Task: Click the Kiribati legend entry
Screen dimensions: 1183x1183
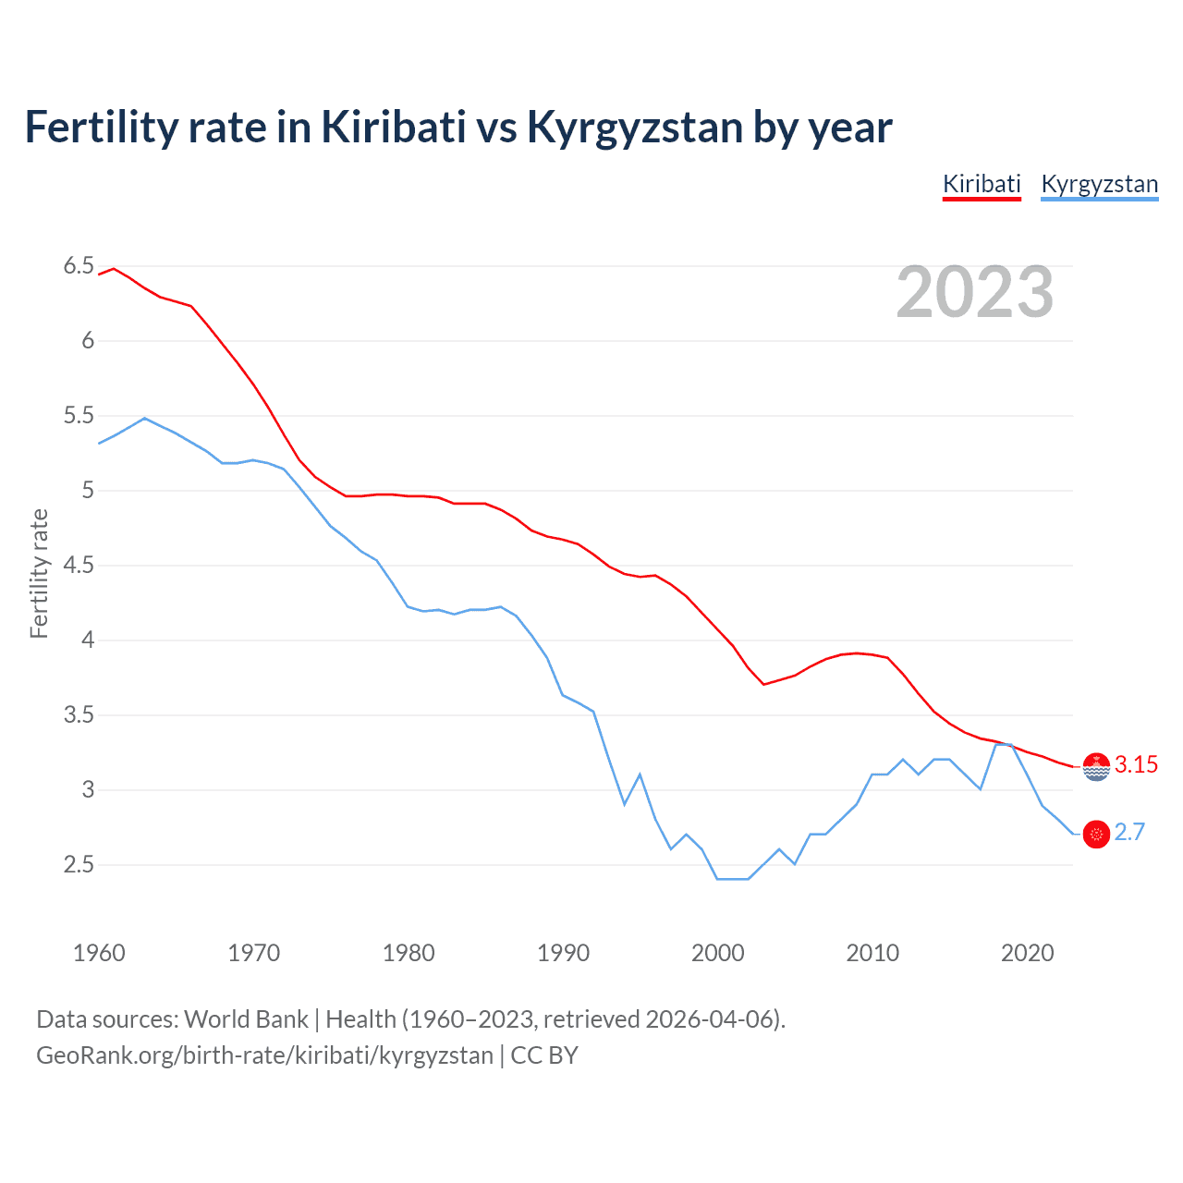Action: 982,184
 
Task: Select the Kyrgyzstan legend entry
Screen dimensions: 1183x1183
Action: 1099,184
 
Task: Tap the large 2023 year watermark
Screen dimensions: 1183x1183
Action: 974,292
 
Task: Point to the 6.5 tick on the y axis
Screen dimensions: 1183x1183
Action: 79,266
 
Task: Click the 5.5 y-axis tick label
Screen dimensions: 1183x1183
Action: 79,416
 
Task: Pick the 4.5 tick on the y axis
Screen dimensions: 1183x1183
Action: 79,566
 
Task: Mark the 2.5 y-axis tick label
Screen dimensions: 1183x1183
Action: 79,865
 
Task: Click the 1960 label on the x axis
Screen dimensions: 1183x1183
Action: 99,953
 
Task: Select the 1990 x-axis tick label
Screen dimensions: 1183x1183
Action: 563,953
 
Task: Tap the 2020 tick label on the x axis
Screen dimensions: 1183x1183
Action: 1027,953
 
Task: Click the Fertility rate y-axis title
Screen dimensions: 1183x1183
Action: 39,573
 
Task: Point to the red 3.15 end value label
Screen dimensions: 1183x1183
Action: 1136,765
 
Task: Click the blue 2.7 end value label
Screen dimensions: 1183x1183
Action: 1129,833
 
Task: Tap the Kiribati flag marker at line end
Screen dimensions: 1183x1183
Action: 1096,766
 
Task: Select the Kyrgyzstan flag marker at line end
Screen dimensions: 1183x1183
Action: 1096,834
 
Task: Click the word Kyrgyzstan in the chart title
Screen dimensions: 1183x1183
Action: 634,127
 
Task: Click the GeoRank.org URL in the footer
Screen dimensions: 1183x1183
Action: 264,1055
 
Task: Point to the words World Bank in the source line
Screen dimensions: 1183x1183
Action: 246,1019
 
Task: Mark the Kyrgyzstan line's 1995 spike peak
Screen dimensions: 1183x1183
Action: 640,774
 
